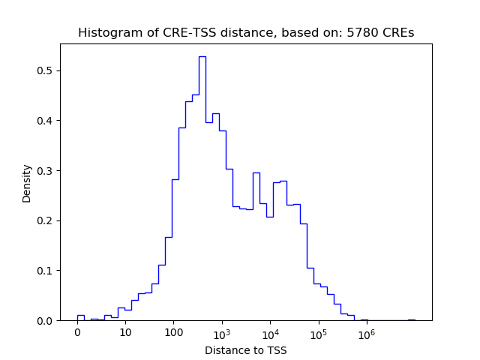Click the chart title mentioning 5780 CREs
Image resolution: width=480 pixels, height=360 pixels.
tap(246, 33)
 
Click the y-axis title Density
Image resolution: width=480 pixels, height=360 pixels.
tap(27, 182)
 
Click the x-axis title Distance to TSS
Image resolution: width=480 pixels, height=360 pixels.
tap(246, 349)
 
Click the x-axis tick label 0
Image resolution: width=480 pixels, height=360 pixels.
tap(77, 333)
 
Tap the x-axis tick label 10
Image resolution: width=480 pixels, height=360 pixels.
tap(125, 333)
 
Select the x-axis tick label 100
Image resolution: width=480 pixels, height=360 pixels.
tap(173, 333)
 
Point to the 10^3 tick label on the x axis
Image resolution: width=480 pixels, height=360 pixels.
tap(222, 332)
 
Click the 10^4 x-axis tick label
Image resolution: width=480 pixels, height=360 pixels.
tap(270, 332)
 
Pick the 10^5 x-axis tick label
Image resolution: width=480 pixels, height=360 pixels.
tap(318, 332)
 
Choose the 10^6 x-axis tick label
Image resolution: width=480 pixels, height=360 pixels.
tap(366, 332)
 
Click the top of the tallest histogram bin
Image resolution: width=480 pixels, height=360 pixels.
tap(202, 56)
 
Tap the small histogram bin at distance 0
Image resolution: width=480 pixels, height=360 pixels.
tap(80, 316)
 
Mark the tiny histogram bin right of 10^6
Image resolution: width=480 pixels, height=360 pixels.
tap(411, 319)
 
